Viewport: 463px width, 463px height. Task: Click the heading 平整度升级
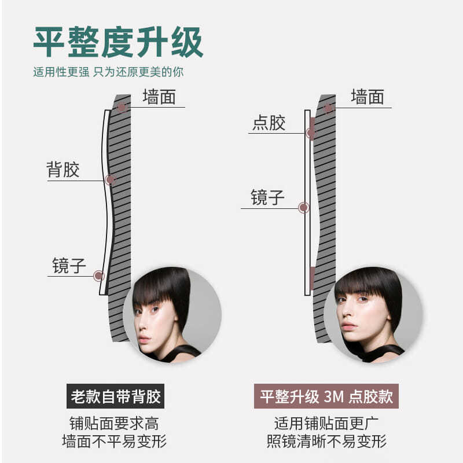pyautogui.click(x=118, y=42)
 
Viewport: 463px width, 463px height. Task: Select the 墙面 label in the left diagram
pyautogui.click(x=159, y=97)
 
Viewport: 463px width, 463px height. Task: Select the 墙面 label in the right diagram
pyautogui.click(x=367, y=97)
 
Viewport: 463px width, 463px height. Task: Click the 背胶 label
pyautogui.click(x=63, y=170)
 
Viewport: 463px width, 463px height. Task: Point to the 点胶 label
pyautogui.click(x=269, y=123)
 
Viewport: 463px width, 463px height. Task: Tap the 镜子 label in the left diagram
pyautogui.click(x=69, y=266)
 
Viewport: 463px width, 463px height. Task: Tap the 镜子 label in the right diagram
pyautogui.click(x=267, y=197)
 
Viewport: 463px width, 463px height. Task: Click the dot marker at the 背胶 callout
pyautogui.click(x=110, y=180)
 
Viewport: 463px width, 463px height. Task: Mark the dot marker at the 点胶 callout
pyautogui.click(x=311, y=133)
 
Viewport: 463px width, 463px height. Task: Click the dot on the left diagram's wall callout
pyautogui.click(x=122, y=107)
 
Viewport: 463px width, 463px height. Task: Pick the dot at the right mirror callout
pyautogui.click(x=303, y=208)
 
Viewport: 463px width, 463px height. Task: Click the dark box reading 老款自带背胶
pyautogui.click(x=115, y=397)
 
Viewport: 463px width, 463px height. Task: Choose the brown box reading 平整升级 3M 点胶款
pyautogui.click(x=326, y=397)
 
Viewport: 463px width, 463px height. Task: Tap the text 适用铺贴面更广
pyautogui.click(x=326, y=423)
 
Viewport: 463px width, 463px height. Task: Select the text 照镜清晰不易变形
pyautogui.click(x=326, y=442)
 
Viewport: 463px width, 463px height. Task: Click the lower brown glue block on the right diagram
pyautogui.click(x=312, y=278)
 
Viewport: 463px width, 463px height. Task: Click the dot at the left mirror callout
pyautogui.click(x=98, y=276)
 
